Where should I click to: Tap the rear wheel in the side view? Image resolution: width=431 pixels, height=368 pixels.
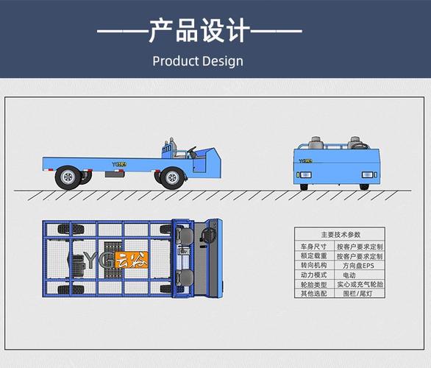coord(68,177)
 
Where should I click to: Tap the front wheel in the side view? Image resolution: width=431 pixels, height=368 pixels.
coord(172,177)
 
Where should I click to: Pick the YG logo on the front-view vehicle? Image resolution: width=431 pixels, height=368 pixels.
coord(304,156)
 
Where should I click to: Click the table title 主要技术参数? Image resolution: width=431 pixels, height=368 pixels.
coord(341,233)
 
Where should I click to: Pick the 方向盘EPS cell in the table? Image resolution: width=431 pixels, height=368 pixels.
coord(359,265)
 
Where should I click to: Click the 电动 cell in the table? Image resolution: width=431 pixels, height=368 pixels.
coord(359,275)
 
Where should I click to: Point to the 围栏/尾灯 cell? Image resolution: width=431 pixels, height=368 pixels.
coord(359,293)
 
